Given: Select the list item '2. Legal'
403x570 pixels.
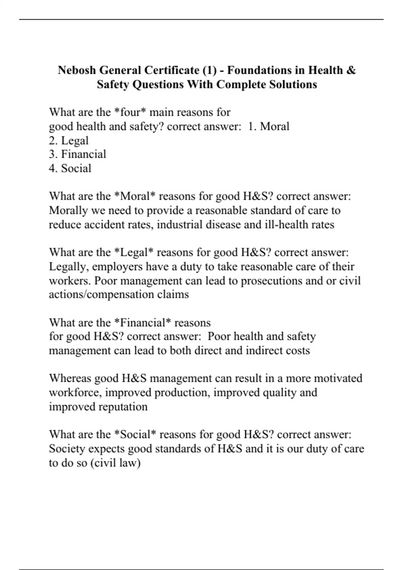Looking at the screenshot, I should click(69, 140).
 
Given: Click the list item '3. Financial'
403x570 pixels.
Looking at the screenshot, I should click(78, 154).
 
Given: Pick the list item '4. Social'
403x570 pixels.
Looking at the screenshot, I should click(70, 168).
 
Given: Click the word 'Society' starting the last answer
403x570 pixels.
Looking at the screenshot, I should click(67, 449).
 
